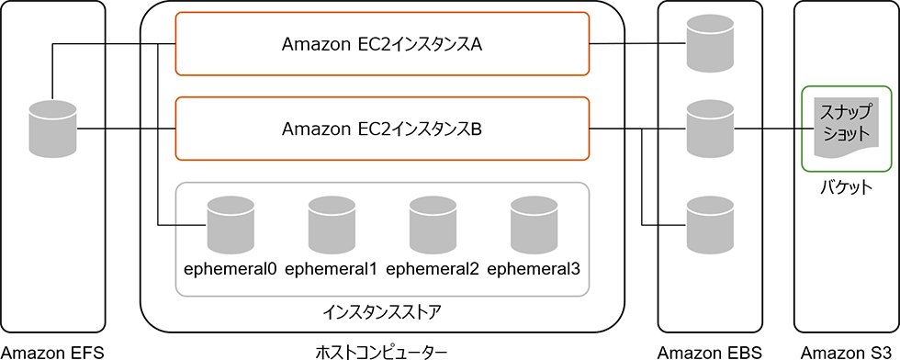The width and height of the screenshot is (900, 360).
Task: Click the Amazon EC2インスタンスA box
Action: (381, 43)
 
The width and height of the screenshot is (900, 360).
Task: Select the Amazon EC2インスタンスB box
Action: (381, 129)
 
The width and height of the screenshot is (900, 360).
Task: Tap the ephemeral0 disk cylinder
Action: (230, 225)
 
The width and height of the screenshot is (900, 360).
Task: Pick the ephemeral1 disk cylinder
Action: (331, 225)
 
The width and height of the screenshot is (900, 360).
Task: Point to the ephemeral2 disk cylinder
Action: (433, 225)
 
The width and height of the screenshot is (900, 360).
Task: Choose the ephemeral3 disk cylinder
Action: (534, 225)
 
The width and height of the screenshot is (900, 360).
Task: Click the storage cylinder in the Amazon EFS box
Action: (52, 129)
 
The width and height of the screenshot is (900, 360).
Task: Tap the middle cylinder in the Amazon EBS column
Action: (710, 129)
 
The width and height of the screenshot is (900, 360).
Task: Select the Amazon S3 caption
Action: (846, 352)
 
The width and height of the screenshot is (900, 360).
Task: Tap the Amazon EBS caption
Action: (710, 352)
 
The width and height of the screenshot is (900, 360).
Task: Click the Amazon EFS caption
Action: (52, 352)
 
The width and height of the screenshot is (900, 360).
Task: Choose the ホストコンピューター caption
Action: (381, 352)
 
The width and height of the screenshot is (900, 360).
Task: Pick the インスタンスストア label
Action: (381, 311)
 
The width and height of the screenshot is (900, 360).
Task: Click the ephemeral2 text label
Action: (433, 269)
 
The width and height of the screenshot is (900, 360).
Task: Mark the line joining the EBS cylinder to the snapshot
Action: (767, 129)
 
